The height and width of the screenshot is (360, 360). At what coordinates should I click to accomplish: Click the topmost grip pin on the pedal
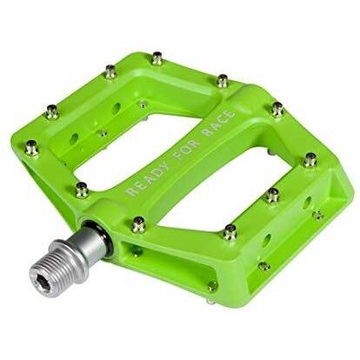coord(157,58)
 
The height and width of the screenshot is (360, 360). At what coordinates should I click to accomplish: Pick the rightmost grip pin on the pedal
coord(310,159)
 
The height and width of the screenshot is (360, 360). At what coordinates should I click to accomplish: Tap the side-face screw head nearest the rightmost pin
coord(318,214)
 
